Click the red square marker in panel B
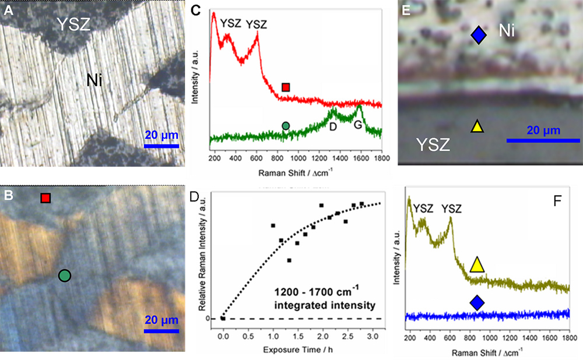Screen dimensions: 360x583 coord(46,199)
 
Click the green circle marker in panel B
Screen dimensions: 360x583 coord(64,276)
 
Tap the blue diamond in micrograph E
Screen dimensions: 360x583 coord(478,37)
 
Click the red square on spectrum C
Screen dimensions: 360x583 coord(286,87)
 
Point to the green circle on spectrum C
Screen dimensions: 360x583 coord(286,125)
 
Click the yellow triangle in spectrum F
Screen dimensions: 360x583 coord(477,266)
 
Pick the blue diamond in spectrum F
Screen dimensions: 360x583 coord(477,302)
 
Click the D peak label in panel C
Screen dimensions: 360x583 coord(333,126)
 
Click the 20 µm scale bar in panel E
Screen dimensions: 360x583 coord(543,140)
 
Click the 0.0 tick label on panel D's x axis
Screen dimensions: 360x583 coord(223,336)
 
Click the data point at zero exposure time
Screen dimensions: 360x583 coord(223,318)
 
